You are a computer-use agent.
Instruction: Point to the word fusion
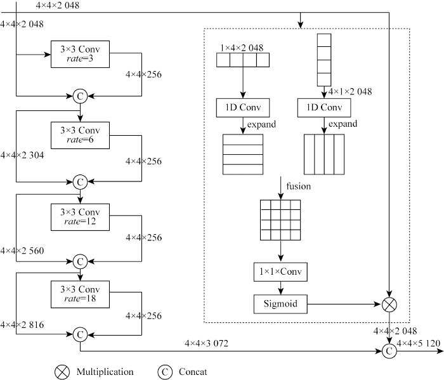point(299,187)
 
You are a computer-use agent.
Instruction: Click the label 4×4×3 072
point(206,343)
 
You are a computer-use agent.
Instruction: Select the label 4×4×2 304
point(22,155)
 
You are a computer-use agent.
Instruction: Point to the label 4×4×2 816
point(22,325)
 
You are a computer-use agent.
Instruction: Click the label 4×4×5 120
point(419,343)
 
